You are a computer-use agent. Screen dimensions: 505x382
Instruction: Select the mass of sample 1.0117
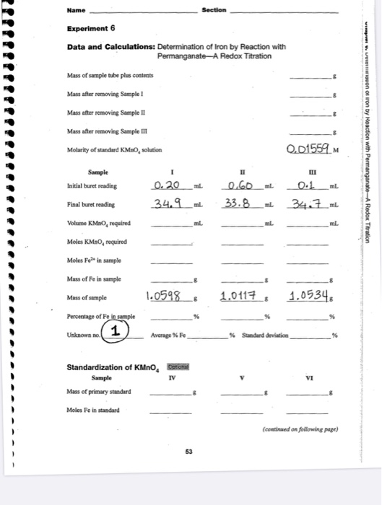coord(236,295)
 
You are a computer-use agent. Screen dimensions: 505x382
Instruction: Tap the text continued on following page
coord(304,431)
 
